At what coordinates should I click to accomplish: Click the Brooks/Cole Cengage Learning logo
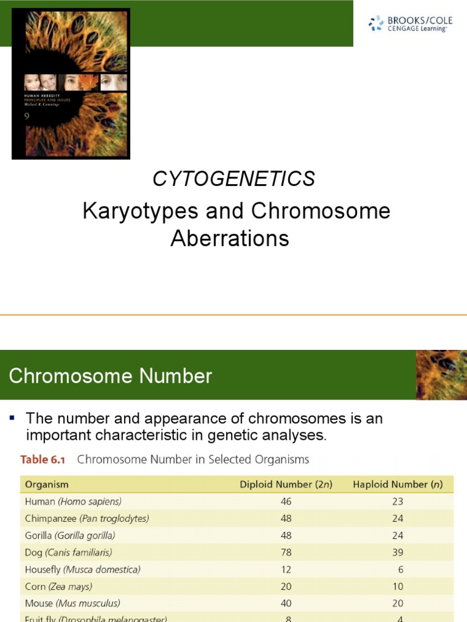[x=410, y=24]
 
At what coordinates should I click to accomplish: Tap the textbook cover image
[x=71, y=83]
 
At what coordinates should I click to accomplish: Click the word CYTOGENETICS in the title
[x=233, y=179]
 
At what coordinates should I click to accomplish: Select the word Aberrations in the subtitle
[x=230, y=239]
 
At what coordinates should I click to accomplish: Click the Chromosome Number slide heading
[x=111, y=376]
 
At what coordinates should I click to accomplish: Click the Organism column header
[x=47, y=484]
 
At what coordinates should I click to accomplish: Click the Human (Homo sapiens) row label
[x=73, y=502]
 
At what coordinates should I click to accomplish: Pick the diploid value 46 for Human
[x=286, y=502]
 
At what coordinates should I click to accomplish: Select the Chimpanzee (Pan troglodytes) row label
[x=87, y=519]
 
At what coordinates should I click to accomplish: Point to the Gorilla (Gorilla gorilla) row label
[x=70, y=536]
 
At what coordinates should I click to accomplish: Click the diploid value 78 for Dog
[x=286, y=553]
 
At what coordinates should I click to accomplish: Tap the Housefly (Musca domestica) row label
[x=83, y=570]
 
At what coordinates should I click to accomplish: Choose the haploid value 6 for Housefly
[x=400, y=570]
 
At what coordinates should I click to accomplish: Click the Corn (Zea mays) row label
[x=58, y=587]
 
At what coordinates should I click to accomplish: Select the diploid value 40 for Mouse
[x=286, y=604]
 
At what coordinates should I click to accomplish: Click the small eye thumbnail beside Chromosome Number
[x=441, y=375]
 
